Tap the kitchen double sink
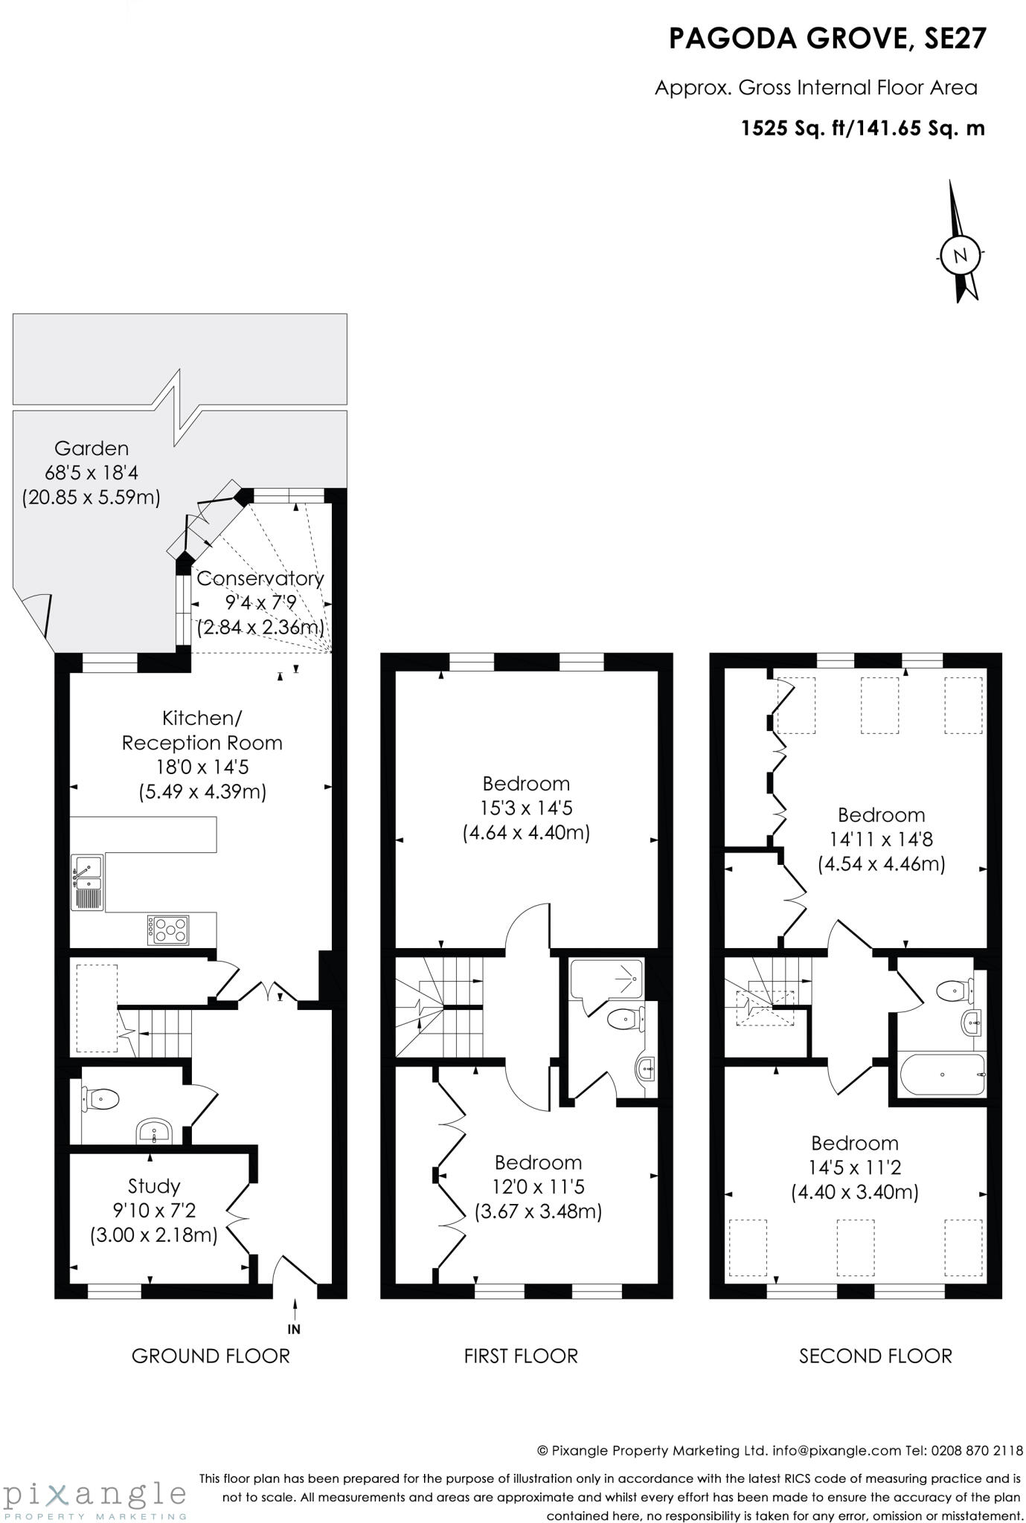click(x=88, y=882)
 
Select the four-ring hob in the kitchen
click(x=169, y=929)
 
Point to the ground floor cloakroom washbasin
click(x=155, y=1133)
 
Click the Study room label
click(x=154, y=1185)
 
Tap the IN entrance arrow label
click(x=295, y=1329)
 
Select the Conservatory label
click(x=260, y=578)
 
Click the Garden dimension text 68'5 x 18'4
click(x=92, y=472)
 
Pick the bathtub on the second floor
click(x=943, y=1075)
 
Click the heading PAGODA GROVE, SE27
click(x=827, y=39)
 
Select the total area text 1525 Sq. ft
click(x=795, y=129)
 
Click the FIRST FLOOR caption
click(x=521, y=1356)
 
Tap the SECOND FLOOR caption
click(x=875, y=1356)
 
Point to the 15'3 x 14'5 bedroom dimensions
click(x=526, y=808)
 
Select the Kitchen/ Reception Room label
click(x=202, y=730)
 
